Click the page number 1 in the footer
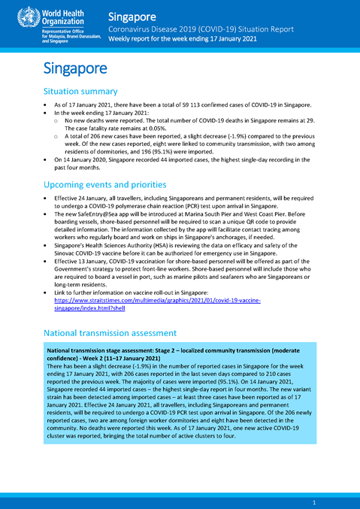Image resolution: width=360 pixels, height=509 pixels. [313, 501]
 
